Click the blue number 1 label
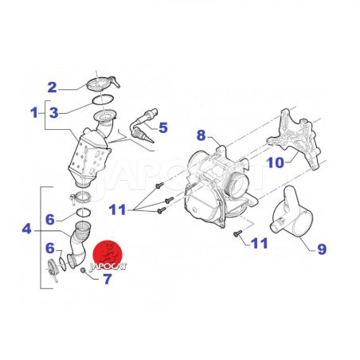coord(34,113)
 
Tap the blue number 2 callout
coord(53,88)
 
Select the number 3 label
coord(54,113)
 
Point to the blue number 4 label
coord(26,229)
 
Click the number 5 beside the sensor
coord(163,127)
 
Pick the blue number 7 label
coord(108,279)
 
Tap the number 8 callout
coord(202,135)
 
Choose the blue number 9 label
coord(322,249)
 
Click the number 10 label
coord(276,162)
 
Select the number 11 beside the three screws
coord(117,209)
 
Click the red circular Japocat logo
coord(108,255)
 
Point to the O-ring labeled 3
coord(103,100)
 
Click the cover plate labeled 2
coord(103,83)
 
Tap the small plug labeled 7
coord(83,271)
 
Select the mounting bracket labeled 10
coord(294,138)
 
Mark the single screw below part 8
coord(237,233)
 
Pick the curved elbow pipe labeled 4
coord(78,245)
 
